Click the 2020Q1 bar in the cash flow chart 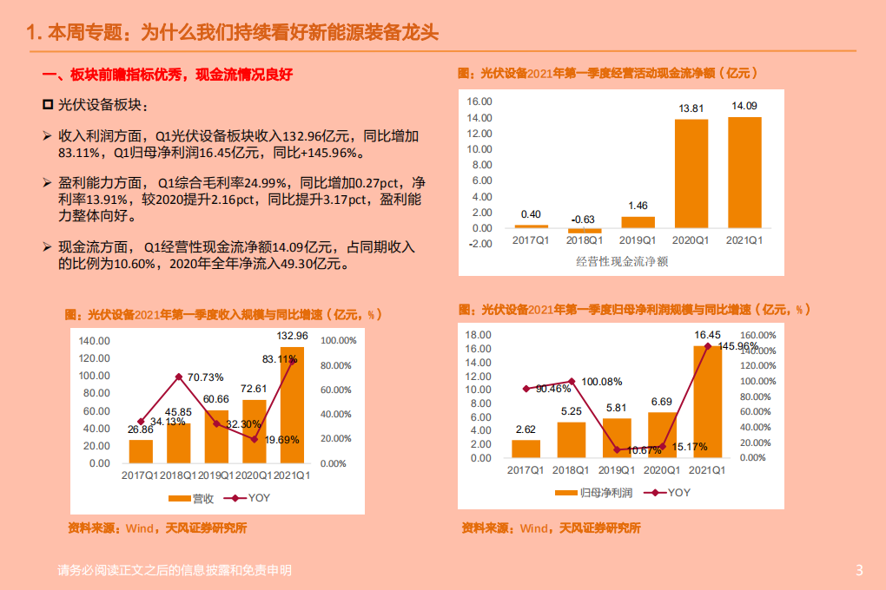[691, 174]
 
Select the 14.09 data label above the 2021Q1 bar [744, 107]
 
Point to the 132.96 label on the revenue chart [292, 335]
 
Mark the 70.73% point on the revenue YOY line [178, 377]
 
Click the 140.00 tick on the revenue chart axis [94, 341]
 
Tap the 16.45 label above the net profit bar [707, 335]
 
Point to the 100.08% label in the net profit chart [602, 382]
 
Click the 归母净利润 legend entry [590, 492]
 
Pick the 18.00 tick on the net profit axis [479, 335]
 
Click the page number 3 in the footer [859, 570]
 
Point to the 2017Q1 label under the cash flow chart [531, 239]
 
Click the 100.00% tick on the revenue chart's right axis [338, 341]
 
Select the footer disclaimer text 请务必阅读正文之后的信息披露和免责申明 [174, 570]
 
